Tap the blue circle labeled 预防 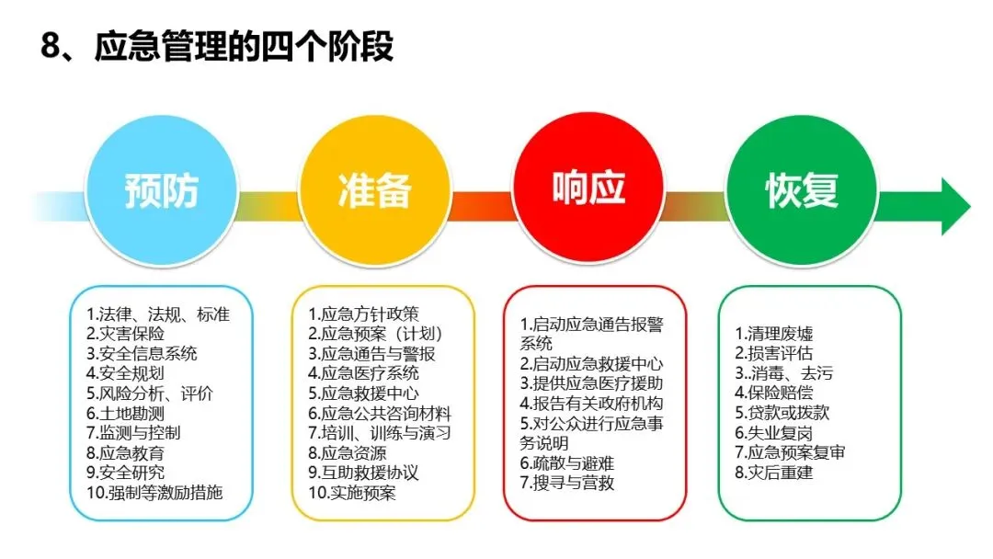(x=162, y=190)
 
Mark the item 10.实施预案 (x=352, y=492)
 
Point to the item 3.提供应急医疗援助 (x=591, y=383)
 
